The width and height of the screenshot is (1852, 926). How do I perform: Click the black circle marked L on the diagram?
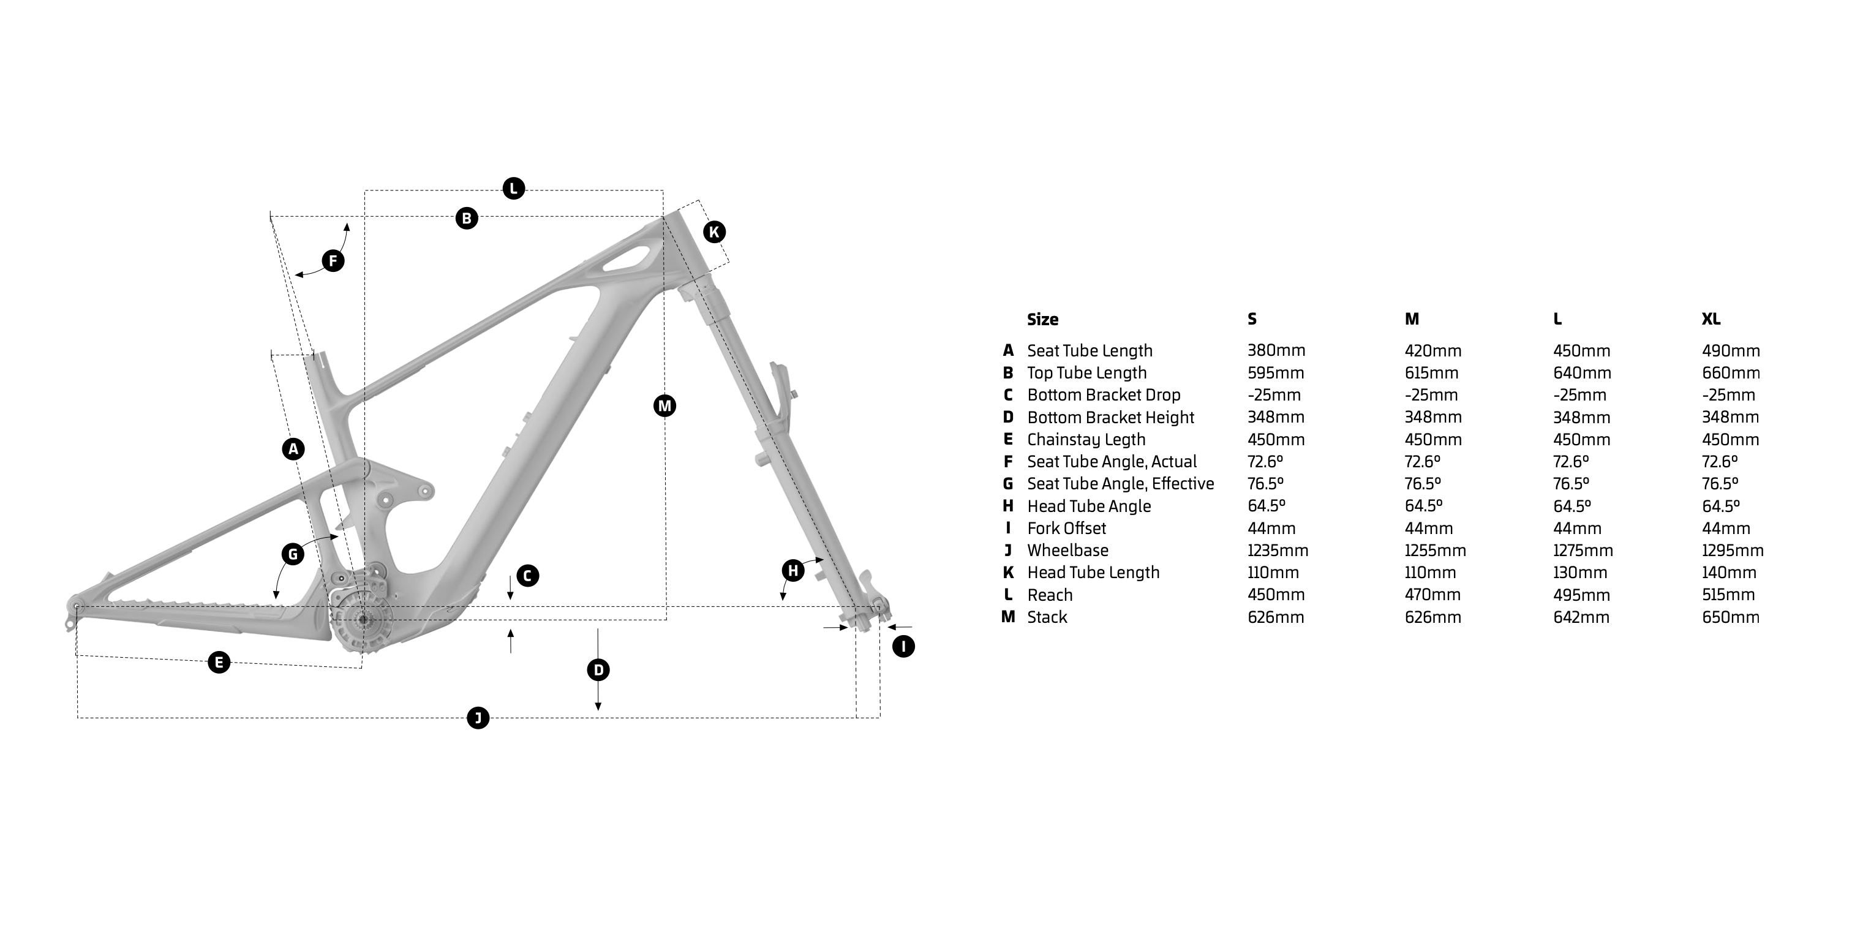(513, 189)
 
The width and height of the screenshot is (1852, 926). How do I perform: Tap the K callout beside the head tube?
(714, 232)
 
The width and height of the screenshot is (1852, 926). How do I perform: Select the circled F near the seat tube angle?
(333, 260)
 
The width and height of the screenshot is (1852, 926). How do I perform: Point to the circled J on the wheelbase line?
(478, 718)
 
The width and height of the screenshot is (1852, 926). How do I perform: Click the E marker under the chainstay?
(219, 662)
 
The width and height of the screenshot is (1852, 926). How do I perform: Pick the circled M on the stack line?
(664, 406)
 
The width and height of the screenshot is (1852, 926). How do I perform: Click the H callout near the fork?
(793, 571)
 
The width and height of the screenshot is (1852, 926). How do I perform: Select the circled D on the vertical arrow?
(598, 671)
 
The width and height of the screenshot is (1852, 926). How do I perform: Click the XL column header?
(1711, 319)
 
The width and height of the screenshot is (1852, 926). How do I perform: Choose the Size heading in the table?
(1042, 319)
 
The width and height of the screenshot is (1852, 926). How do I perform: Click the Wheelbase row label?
(1067, 551)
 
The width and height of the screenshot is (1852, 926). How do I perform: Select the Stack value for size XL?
(1731, 617)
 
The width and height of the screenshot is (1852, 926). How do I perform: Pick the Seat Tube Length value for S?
(1276, 351)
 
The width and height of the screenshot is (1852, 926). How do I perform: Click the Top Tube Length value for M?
(1431, 373)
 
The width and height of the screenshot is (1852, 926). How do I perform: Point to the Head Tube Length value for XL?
(1729, 573)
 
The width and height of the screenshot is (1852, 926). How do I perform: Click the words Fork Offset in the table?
(1066, 529)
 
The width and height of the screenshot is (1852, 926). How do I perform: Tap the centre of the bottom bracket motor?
(363, 619)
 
